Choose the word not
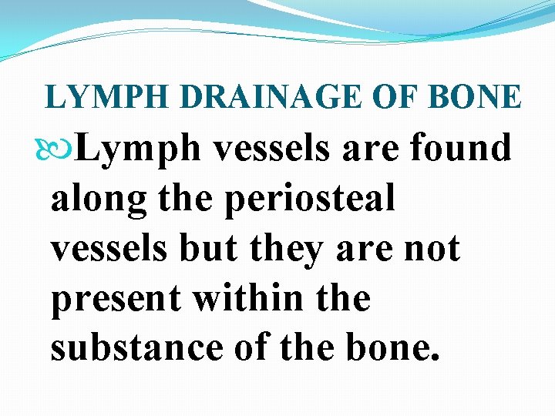(431, 249)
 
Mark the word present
(116, 298)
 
